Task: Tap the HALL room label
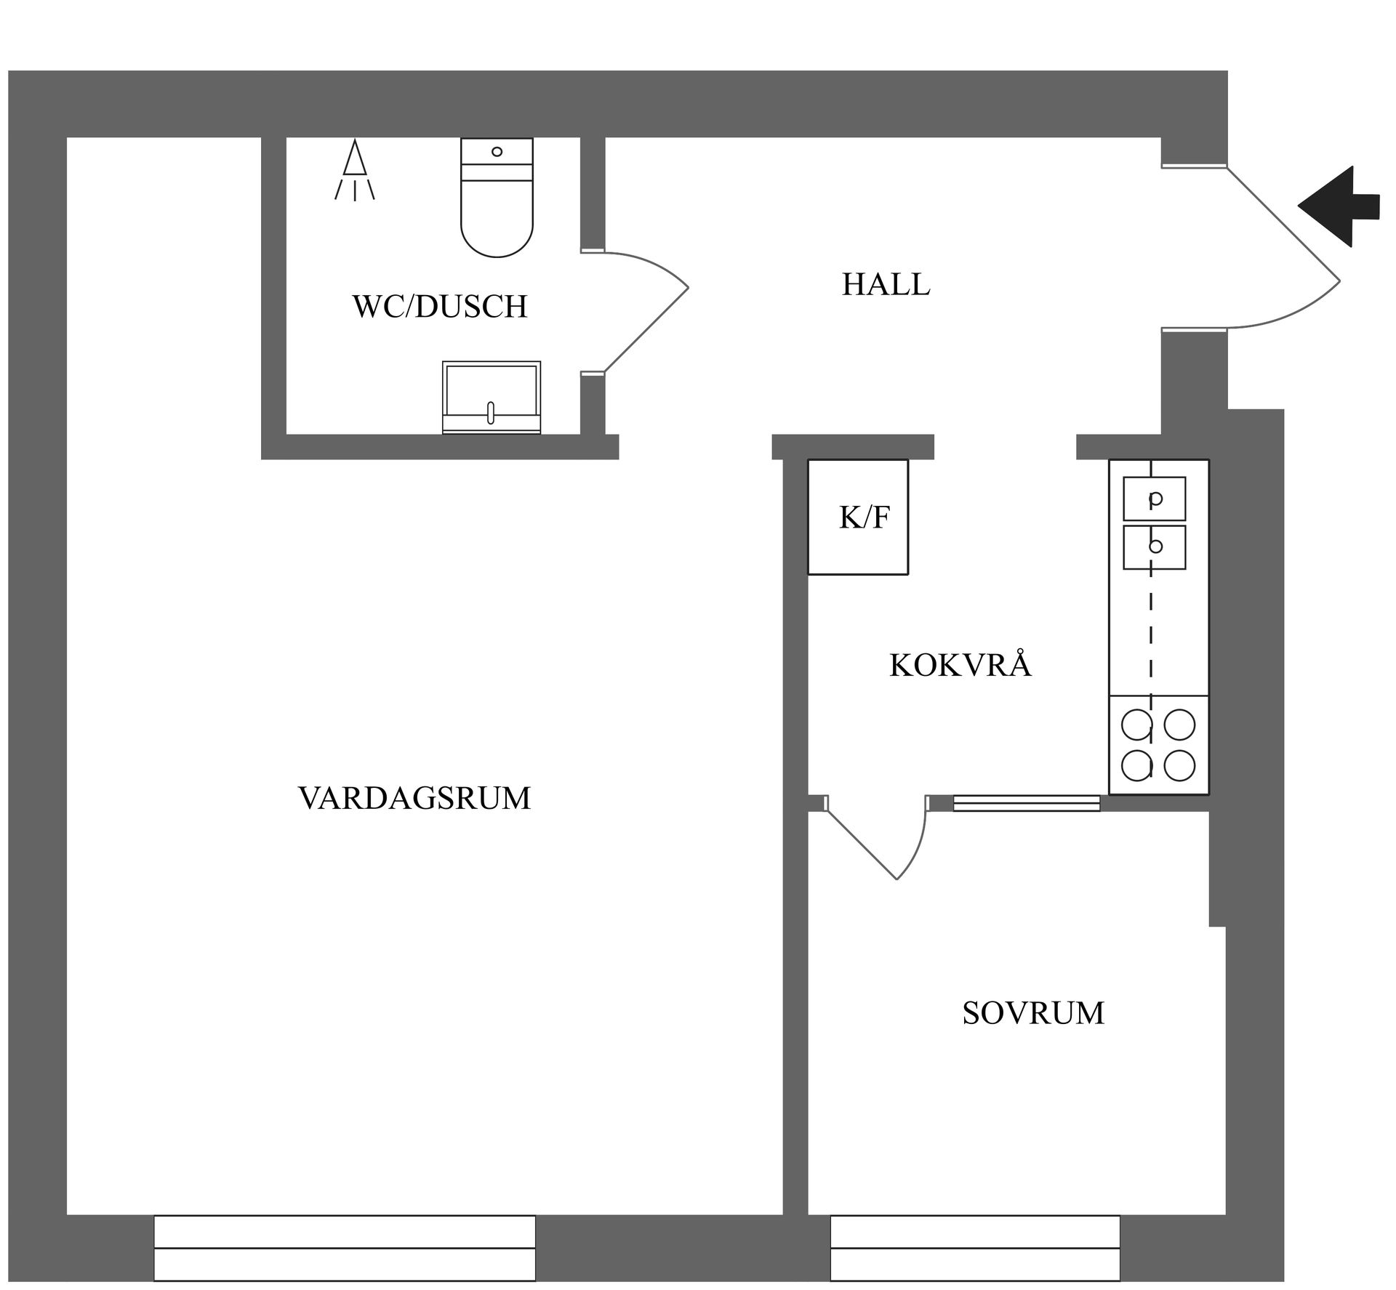pyautogui.click(x=886, y=284)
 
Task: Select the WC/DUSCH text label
pyautogui.click(x=440, y=307)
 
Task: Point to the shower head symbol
pyautogui.click(x=354, y=171)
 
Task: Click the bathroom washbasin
pyautogui.click(x=492, y=398)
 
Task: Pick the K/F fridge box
pyautogui.click(x=859, y=517)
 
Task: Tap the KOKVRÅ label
pyautogui.click(x=960, y=666)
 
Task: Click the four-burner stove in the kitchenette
pyautogui.click(x=1158, y=745)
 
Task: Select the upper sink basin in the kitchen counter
pyautogui.click(x=1155, y=499)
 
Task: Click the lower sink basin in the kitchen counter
pyautogui.click(x=1155, y=547)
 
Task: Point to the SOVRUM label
pyautogui.click(x=1033, y=1013)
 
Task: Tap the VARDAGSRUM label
pyautogui.click(x=414, y=798)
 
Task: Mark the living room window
pyautogui.click(x=345, y=1248)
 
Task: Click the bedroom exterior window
pyautogui.click(x=975, y=1248)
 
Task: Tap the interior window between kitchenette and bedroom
pyautogui.click(x=1026, y=803)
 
